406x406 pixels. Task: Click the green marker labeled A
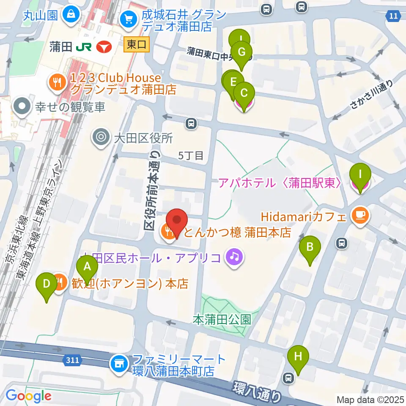[x=87, y=267]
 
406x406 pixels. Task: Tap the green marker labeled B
[x=310, y=247]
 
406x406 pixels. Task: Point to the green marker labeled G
[x=241, y=53]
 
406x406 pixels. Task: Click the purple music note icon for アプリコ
[x=234, y=257]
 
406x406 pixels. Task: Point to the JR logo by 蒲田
[x=82, y=47]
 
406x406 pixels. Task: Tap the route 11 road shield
[x=394, y=16]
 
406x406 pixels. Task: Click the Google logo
[x=28, y=395]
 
